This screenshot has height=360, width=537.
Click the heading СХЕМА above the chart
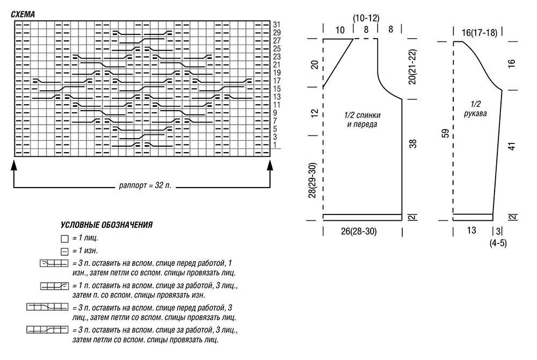click(x=23, y=15)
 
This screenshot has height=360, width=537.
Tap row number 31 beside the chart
click(x=277, y=25)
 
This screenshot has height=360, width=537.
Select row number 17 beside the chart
click(x=277, y=81)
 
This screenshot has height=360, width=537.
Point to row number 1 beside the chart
click(x=275, y=145)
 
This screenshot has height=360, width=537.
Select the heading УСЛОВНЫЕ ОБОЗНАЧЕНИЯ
click(x=107, y=225)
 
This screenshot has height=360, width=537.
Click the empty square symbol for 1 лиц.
click(x=64, y=238)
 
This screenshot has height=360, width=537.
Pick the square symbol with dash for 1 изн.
click(x=64, y=251)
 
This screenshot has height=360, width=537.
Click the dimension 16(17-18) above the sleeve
click(x=480, y=33)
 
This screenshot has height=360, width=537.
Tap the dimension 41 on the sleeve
click(x=512, y=145)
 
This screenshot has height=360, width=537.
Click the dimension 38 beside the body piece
click(x=412, y=144)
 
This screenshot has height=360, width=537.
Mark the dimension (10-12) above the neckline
click(x=366, y=18)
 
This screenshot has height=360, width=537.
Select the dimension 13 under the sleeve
click(x=471, y=231)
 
